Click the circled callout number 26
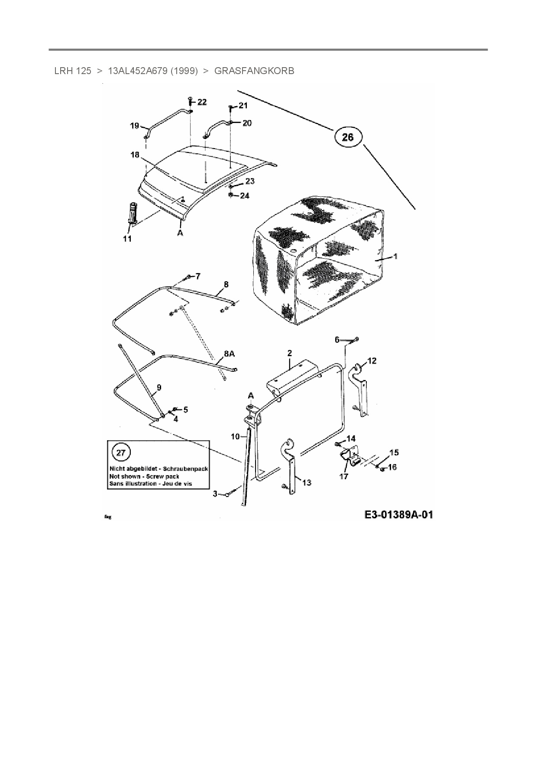[x=348, y=137]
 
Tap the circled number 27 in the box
[x=121, y=453]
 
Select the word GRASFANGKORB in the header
[x=254, y=71]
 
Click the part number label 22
[x=202, y=102]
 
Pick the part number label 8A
[x=230, y=354]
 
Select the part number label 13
[x=307, y=482]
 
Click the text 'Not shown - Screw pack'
[x=144, y=476]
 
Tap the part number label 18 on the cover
[x=135, y=155]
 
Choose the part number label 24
[x=245, y=196]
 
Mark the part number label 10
[x=235, y=436]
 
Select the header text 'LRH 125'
[x=73, y=71]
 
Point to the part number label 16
[x=392, y=467]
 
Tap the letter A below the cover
[x=180, y=233]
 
